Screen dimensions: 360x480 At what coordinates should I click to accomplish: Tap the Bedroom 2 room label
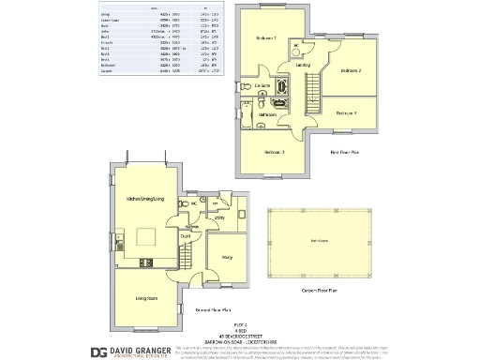350,70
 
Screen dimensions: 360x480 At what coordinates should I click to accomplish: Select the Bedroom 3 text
274,152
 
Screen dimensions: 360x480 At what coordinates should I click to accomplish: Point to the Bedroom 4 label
346,112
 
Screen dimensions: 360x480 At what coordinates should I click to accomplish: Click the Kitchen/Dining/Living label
145,199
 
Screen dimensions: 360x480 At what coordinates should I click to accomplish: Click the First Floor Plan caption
346,152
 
